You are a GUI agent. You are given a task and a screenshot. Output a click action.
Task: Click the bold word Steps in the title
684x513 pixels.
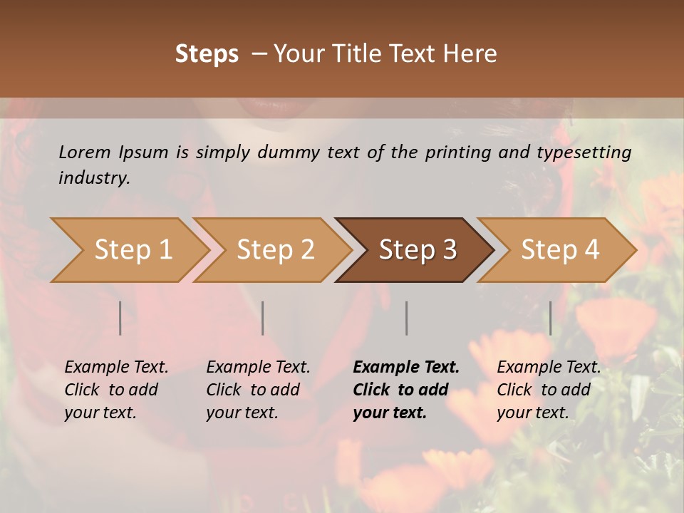207,54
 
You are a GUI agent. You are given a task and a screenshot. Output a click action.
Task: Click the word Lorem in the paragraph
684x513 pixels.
84,152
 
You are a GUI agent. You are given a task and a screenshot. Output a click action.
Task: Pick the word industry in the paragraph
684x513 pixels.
94,177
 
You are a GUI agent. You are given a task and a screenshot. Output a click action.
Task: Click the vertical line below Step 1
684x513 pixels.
120,318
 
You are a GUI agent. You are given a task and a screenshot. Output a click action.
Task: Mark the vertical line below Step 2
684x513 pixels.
263,318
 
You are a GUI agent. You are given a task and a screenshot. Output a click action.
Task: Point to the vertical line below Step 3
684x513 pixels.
406,318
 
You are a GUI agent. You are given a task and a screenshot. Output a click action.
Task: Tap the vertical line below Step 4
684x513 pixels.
550,318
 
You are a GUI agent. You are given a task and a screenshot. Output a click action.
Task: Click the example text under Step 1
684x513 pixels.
116,390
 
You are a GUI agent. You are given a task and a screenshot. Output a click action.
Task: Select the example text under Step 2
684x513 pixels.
258,390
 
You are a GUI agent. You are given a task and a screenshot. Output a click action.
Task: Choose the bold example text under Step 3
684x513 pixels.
406,390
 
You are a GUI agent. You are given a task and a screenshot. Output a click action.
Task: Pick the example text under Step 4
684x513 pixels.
549,390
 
